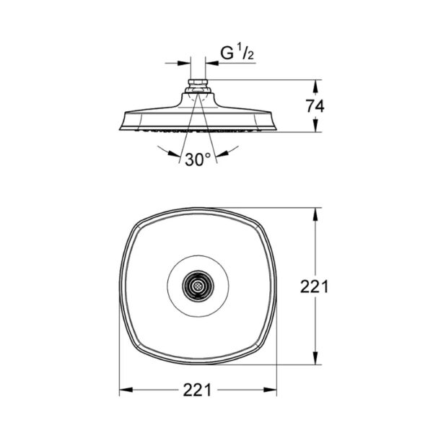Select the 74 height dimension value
315,105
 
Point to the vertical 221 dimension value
315,287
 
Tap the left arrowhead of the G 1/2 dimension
187,64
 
